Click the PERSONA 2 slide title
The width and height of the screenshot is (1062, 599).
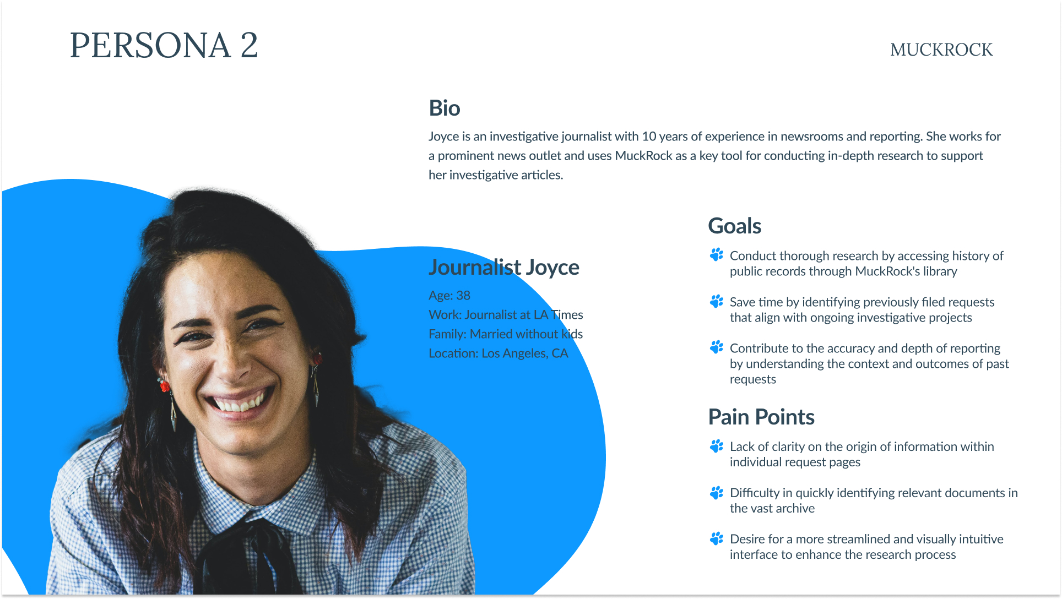click(164, 45)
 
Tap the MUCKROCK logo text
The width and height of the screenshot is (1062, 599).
click(941, 50)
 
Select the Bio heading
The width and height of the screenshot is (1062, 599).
click(445, 108)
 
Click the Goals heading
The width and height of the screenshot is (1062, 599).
click(735, 226)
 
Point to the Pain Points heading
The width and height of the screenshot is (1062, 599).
click(761, 417)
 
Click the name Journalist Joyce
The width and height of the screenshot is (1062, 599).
click(504, 268)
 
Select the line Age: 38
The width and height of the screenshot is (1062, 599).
click(449, 296)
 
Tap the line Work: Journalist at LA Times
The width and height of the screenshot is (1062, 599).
click(506, 315)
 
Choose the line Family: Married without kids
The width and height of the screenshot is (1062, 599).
click(506, 334)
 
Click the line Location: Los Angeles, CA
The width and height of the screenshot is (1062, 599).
click(499, 353)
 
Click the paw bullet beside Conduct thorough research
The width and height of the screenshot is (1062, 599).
click(717, 255)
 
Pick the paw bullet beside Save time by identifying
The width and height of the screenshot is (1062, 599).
click(717, 301)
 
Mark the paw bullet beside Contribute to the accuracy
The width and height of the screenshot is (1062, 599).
click(717, 347)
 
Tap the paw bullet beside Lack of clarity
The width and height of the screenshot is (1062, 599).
click(717, 446)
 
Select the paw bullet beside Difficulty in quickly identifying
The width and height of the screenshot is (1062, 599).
click(717, 492)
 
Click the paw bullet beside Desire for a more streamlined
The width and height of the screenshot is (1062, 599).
click(717, 538)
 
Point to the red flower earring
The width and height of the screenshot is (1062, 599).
click(164, 385)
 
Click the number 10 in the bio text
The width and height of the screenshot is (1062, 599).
click(649, 137)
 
